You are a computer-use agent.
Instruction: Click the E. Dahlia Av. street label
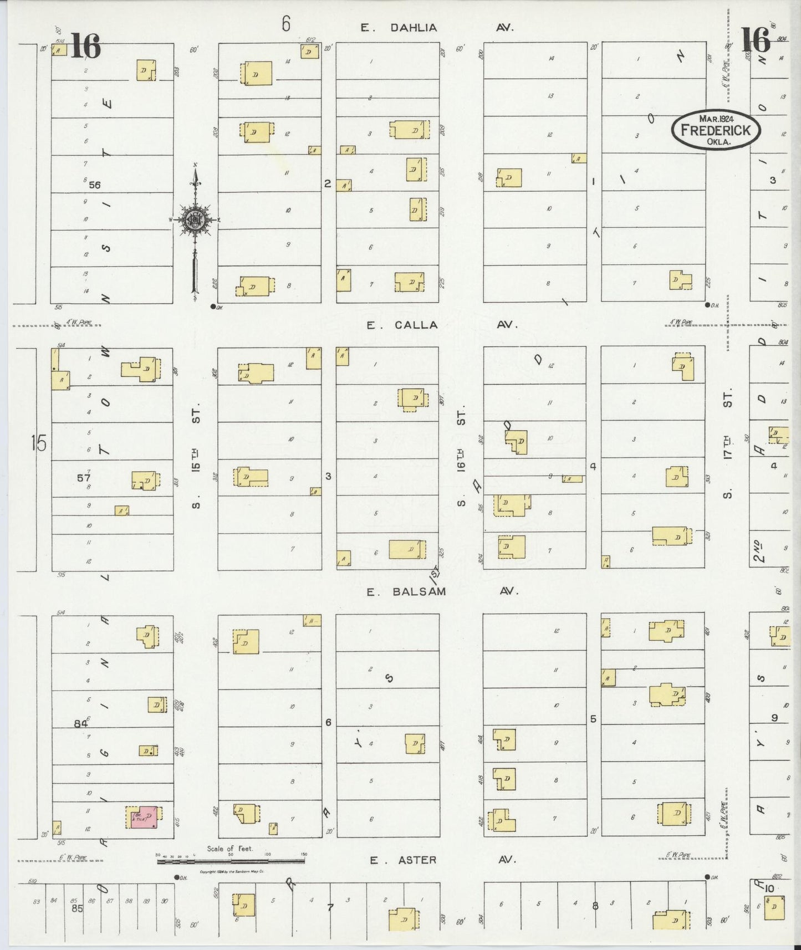437,27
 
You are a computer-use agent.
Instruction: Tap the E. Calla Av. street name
442,325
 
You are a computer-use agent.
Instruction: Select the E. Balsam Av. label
442,591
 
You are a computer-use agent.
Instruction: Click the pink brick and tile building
144,817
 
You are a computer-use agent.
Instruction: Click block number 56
94,185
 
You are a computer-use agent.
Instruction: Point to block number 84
81,723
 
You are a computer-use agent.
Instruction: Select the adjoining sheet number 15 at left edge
39,443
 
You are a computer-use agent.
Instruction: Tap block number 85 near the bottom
76,908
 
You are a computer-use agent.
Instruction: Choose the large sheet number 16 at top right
756,40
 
